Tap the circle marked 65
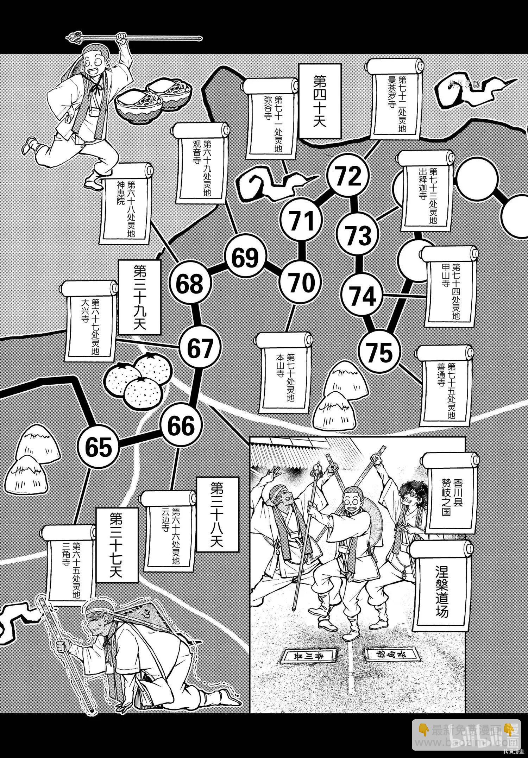point(98,448)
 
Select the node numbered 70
point(301,282)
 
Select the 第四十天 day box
point(320,101)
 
